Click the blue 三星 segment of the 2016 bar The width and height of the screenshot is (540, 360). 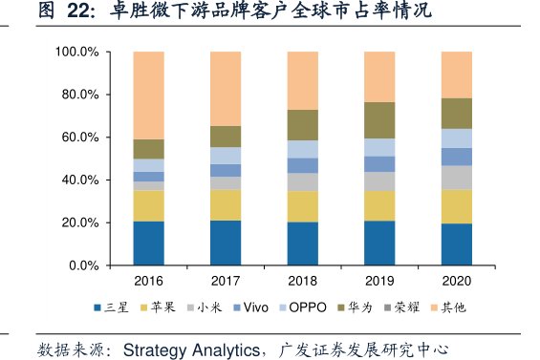tap(149, 243)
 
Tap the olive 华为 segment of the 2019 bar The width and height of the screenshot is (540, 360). tap(379, 120)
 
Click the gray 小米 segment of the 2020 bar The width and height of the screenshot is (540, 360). tap(456, 178)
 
